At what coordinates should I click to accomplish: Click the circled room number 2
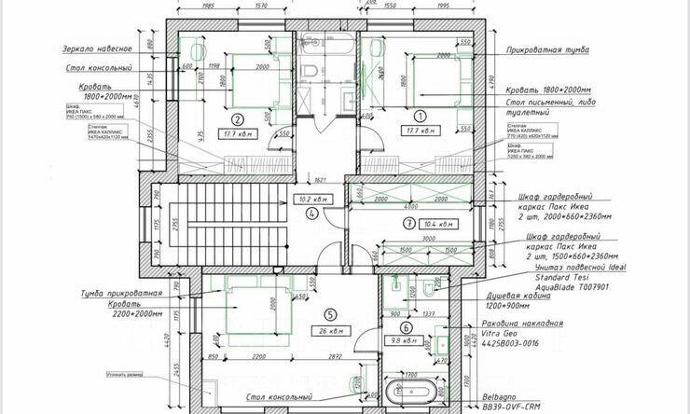click(238, 119)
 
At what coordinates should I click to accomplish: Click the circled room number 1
click(420, 117)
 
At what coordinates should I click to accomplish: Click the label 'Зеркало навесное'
click(99, 48)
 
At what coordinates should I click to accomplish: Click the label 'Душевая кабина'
click(562, 295)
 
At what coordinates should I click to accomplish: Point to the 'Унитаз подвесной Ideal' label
click(576, 268)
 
